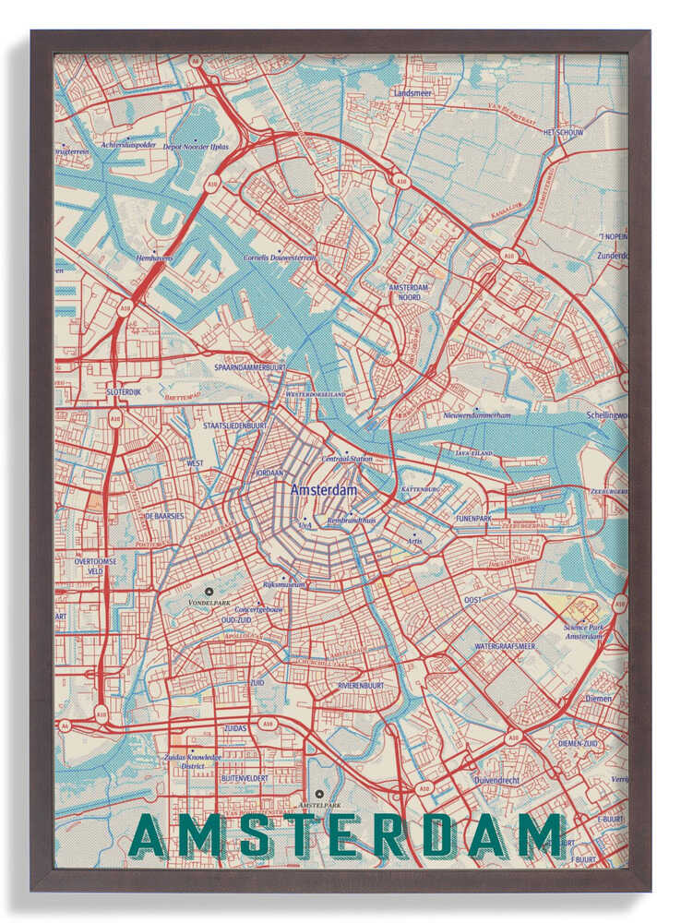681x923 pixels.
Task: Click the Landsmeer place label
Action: [412, 93]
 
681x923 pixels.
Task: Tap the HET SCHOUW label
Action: [562, 132]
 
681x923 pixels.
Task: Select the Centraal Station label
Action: [347, 458]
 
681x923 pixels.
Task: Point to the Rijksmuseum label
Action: [283, 584]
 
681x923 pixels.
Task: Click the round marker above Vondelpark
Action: [209, 591]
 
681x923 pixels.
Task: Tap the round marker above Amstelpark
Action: [319, 793]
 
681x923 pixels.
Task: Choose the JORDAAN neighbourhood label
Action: [269, 473]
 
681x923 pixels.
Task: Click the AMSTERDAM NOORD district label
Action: [403, 293]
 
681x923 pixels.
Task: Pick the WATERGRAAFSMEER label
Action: [504, 646]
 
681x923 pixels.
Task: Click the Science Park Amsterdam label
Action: [583, 632]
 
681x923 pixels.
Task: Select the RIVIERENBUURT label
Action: [360, 686]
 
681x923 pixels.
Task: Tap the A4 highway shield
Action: [64, 726]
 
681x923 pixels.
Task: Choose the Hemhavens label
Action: [153, 258]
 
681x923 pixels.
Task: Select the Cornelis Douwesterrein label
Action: [279, 258]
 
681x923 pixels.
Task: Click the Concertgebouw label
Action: [259, 610]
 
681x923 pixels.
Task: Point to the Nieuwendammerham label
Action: [476, 415]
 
